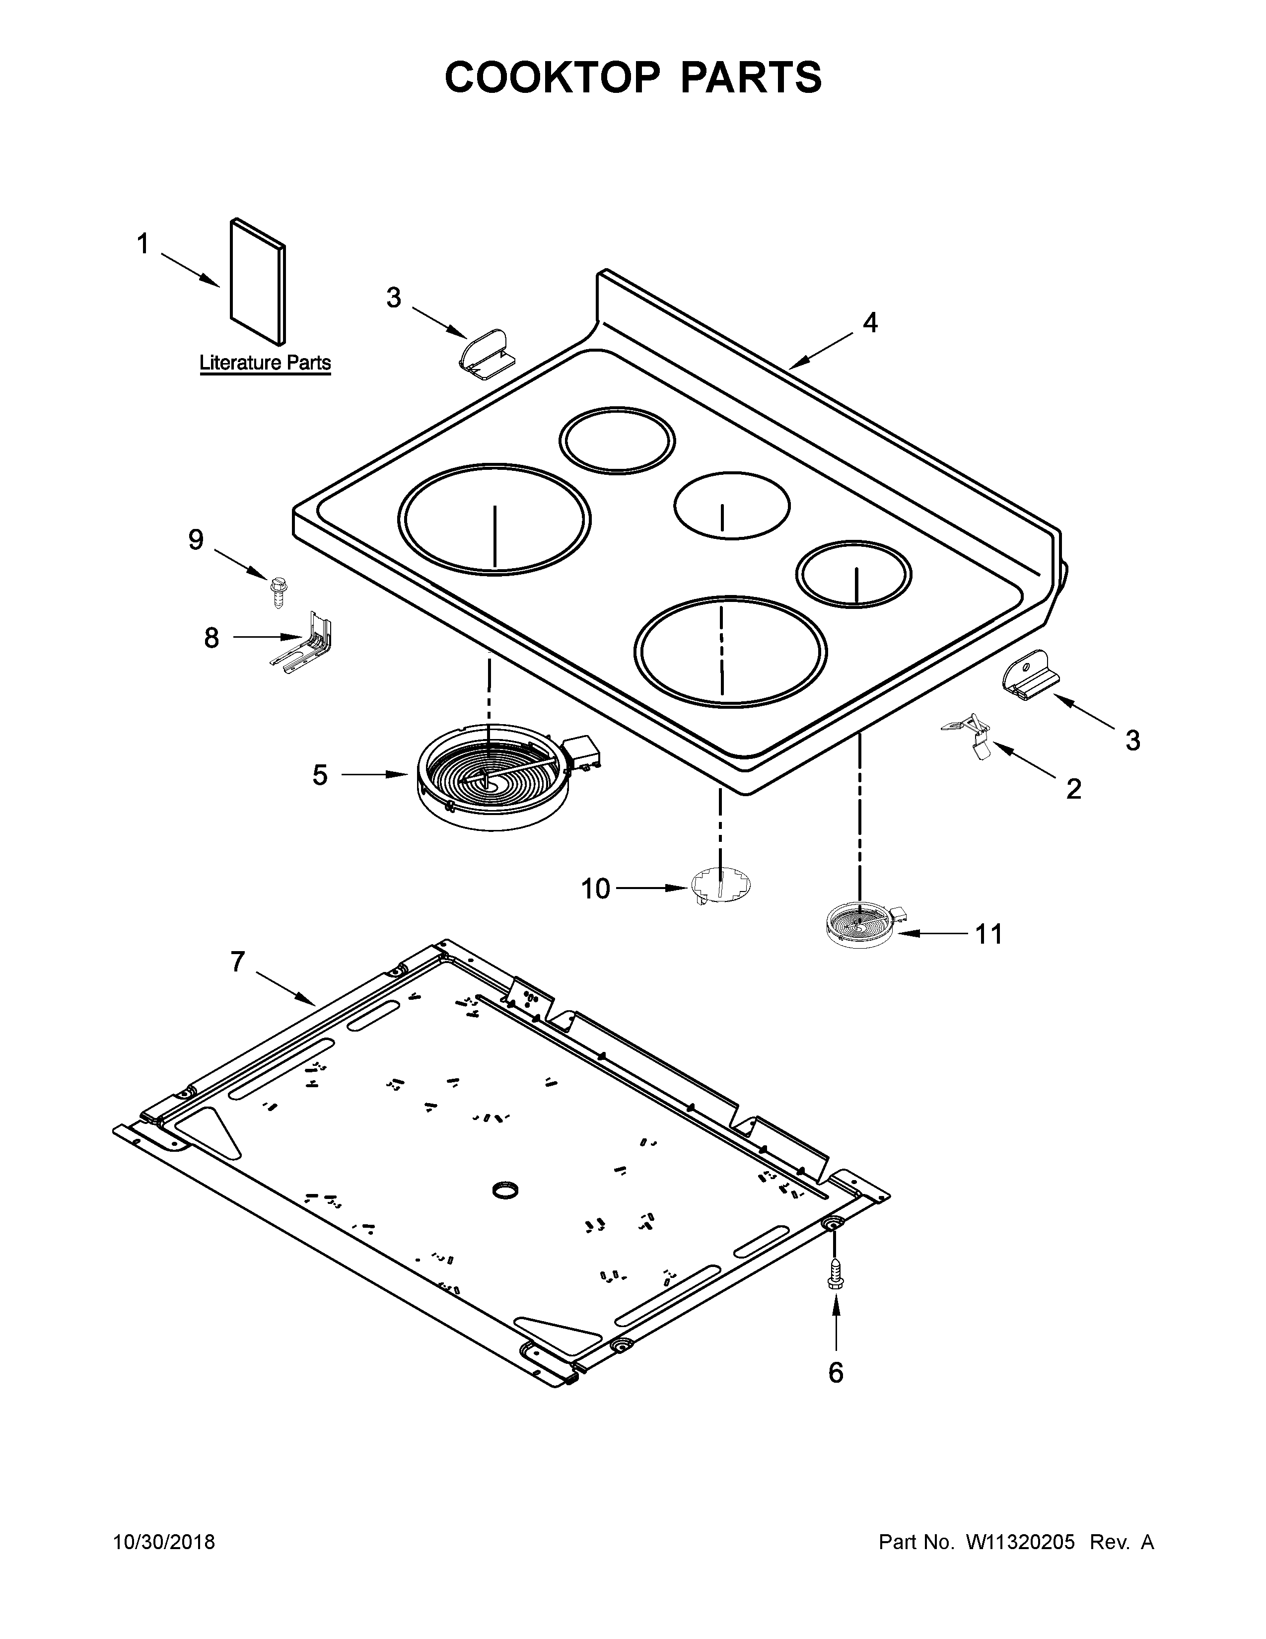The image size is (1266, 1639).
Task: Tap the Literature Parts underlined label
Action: (265, 363)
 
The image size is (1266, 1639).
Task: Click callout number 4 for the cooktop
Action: (869, 323)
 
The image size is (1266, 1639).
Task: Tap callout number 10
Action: (595, 890)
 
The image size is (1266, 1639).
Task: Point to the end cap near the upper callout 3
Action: (486, 350)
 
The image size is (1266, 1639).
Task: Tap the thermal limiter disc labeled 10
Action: (720, 886)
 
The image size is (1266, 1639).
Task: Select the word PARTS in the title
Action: (750, 77)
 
